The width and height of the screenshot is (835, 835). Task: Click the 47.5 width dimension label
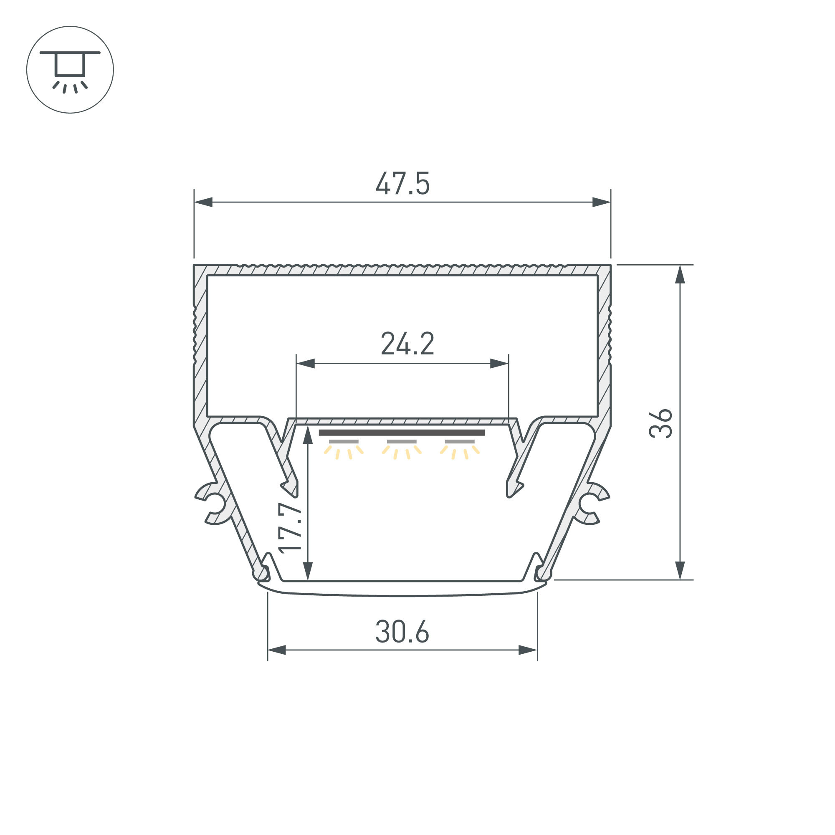pyautogui.click(x=402, y=184)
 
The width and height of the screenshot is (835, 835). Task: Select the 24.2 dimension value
pyautogui.click(x=407, y=344)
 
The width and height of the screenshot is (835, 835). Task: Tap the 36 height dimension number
pyautogui.click(x=661, y=423)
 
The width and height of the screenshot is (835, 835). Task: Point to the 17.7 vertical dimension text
pyautogui.click(x=290, y=528)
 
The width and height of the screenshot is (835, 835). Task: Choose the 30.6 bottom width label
pyautogui.click(x=402, y=632)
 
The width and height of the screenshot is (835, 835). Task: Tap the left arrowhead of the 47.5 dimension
pyautogui.click(x=203, y=202)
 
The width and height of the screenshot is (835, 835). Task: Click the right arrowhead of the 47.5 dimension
pyautogui.click(x=602, y=202)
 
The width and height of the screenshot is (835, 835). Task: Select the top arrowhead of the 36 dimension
pyautogui.click(x=680, y=274)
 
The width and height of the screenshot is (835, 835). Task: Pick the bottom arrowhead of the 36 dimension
pyautogui.click(x=680, y=570)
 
